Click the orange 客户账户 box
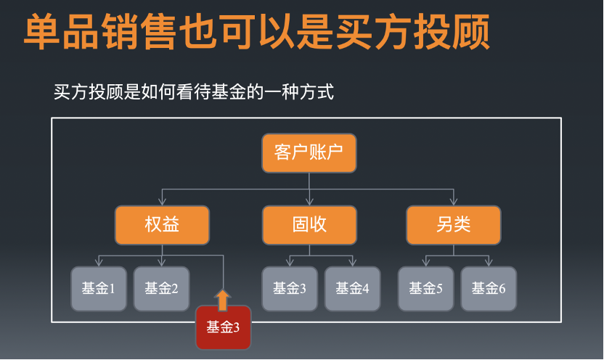click(x=309, y=153)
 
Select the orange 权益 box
click(x=162, y=225)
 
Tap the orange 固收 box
click(x=309, y=225)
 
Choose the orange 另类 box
click(x=454, y=225)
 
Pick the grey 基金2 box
click(x=161, y=288)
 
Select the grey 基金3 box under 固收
click(x=290, y=288)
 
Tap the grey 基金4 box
click(x=352, y=288)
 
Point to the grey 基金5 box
click(x=425, y=288)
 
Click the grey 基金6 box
click(x=489, y=288)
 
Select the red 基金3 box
click(x=223, y=327)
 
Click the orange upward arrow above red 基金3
click(x=223, y=299)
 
